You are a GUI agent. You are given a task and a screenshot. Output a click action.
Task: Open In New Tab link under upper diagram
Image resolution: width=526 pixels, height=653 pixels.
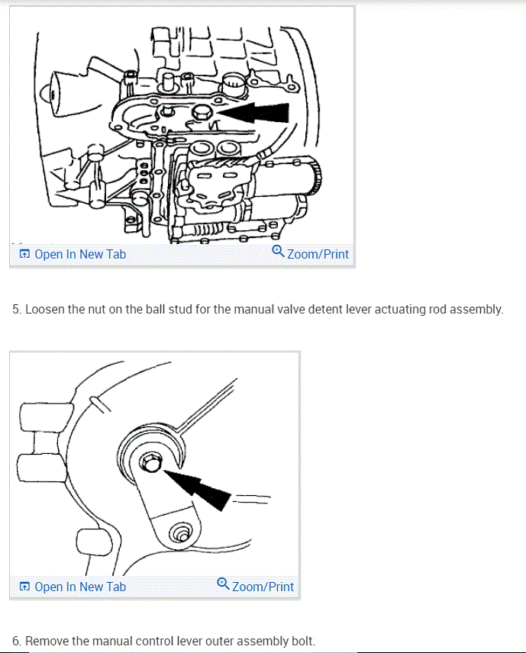pos(79,254)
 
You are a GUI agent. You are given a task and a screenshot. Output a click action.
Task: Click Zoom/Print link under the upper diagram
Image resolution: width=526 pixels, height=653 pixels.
pos(318,254)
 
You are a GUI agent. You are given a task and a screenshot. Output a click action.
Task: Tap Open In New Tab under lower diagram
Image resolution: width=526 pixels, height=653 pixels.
pos(79,587)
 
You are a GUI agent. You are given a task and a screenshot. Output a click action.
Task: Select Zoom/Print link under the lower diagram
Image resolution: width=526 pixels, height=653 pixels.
pos(263,587)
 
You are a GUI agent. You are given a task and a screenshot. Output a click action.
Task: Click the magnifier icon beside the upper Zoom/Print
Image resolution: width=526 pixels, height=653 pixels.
pos(279,252)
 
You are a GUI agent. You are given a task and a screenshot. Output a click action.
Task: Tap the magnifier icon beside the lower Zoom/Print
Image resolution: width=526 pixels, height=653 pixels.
pos(223,584)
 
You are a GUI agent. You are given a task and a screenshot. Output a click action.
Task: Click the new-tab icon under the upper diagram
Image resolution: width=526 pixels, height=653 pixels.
pos(24,254)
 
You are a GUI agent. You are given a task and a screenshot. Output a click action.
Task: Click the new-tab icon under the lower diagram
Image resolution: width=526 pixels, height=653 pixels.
pos(24,587)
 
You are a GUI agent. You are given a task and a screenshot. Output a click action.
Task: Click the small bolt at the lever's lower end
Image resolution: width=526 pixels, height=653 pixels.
pos(181,534)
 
